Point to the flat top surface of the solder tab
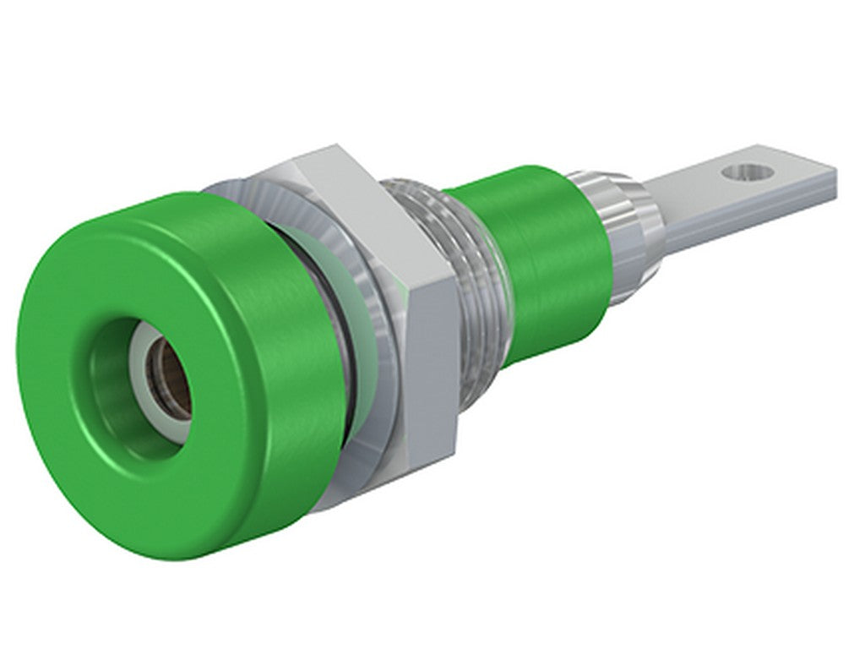pos(718,190)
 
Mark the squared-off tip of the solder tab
pos(832,182)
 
